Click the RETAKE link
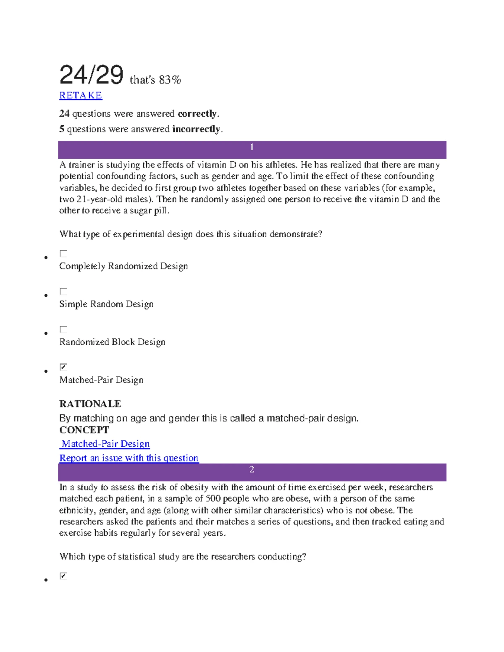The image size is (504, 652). click(81, 96)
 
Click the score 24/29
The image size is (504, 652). click(92, 76)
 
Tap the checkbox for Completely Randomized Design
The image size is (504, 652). click(63, 254)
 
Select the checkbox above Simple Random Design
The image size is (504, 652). click(63, 291)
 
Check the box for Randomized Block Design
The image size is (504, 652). click(63, 329)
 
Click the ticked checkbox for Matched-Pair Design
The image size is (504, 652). click(63, 367)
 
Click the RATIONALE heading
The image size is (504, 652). click(90, 404)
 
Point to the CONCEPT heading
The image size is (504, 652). click(84, 430)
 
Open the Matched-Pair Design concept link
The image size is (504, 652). click(105, 444)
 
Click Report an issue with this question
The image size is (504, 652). click(129, 458)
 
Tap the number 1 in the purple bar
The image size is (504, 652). click(252, 147)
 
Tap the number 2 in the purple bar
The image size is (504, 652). click(252, 469)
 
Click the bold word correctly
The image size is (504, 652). click(197, 114)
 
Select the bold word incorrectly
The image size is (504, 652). click(196, 129)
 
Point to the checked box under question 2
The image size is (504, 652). click(63, 576)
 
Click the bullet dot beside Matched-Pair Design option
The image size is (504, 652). click(46, 372)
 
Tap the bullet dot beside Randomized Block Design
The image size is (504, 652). click(46, 334)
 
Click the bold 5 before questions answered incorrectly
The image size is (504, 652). click(62, 129)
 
